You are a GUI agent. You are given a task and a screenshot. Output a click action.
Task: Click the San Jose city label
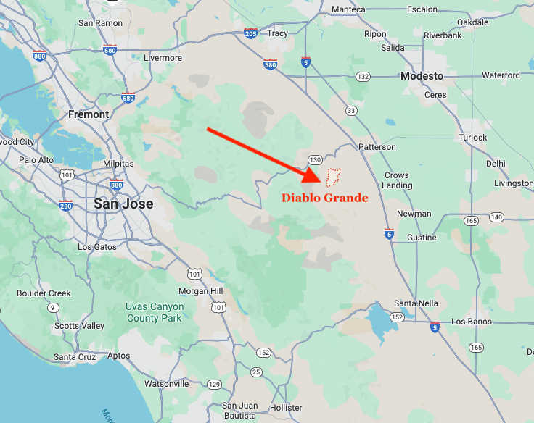123,204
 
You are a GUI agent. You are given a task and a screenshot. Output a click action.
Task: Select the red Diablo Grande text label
325,198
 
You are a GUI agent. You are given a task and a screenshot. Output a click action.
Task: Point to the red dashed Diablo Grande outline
334,177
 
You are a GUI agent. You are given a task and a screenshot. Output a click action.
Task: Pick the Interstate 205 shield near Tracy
251,33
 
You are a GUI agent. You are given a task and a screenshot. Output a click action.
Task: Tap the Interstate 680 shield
128,98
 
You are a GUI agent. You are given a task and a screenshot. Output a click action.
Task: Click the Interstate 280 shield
66,206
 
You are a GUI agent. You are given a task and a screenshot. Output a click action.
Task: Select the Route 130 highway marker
315,159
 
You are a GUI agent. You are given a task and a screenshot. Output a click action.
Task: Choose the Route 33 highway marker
351,110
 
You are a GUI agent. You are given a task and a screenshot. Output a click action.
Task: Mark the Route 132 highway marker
363,76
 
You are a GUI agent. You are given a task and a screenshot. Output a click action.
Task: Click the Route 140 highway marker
496,217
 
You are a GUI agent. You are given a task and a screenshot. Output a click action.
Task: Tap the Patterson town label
377,147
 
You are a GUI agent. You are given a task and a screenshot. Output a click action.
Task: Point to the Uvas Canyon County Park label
155,312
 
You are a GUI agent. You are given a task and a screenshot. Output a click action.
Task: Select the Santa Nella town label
416,303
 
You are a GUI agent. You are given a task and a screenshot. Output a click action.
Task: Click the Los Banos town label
471,322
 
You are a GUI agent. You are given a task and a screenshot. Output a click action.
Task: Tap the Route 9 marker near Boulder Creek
53,308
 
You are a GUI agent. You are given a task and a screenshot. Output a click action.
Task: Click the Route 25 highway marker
255,372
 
